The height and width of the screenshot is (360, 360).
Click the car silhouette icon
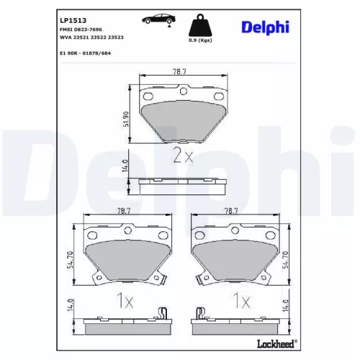[x=158, y=19]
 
